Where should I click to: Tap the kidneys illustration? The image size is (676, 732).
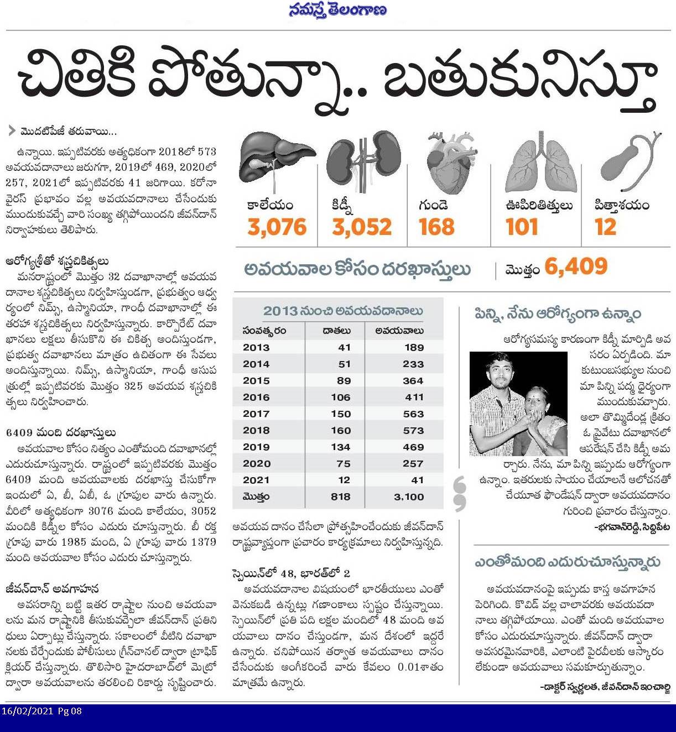click(x=363, y=160)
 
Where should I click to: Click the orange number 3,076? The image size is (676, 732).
click(x=277, y=227)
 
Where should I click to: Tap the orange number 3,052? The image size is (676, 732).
click(x=362, y=227)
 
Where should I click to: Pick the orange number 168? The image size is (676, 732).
click(x=436, y=227)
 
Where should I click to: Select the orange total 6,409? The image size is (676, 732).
click(x=576, y=267)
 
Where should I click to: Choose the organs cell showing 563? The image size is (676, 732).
click(x=413, y=414)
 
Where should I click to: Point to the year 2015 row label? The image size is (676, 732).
click(x=256, y=380)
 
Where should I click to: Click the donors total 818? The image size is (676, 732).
click(x=340, y=497)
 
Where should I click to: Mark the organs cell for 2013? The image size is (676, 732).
click(x=414, y=347)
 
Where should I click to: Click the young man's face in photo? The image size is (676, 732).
click(x=499, y=379)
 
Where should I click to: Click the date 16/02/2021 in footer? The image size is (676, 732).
click(x=28, y=711)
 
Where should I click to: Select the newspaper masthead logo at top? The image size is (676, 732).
click(x=338, y=11)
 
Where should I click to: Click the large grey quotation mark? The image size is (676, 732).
click(x=459, y=494)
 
